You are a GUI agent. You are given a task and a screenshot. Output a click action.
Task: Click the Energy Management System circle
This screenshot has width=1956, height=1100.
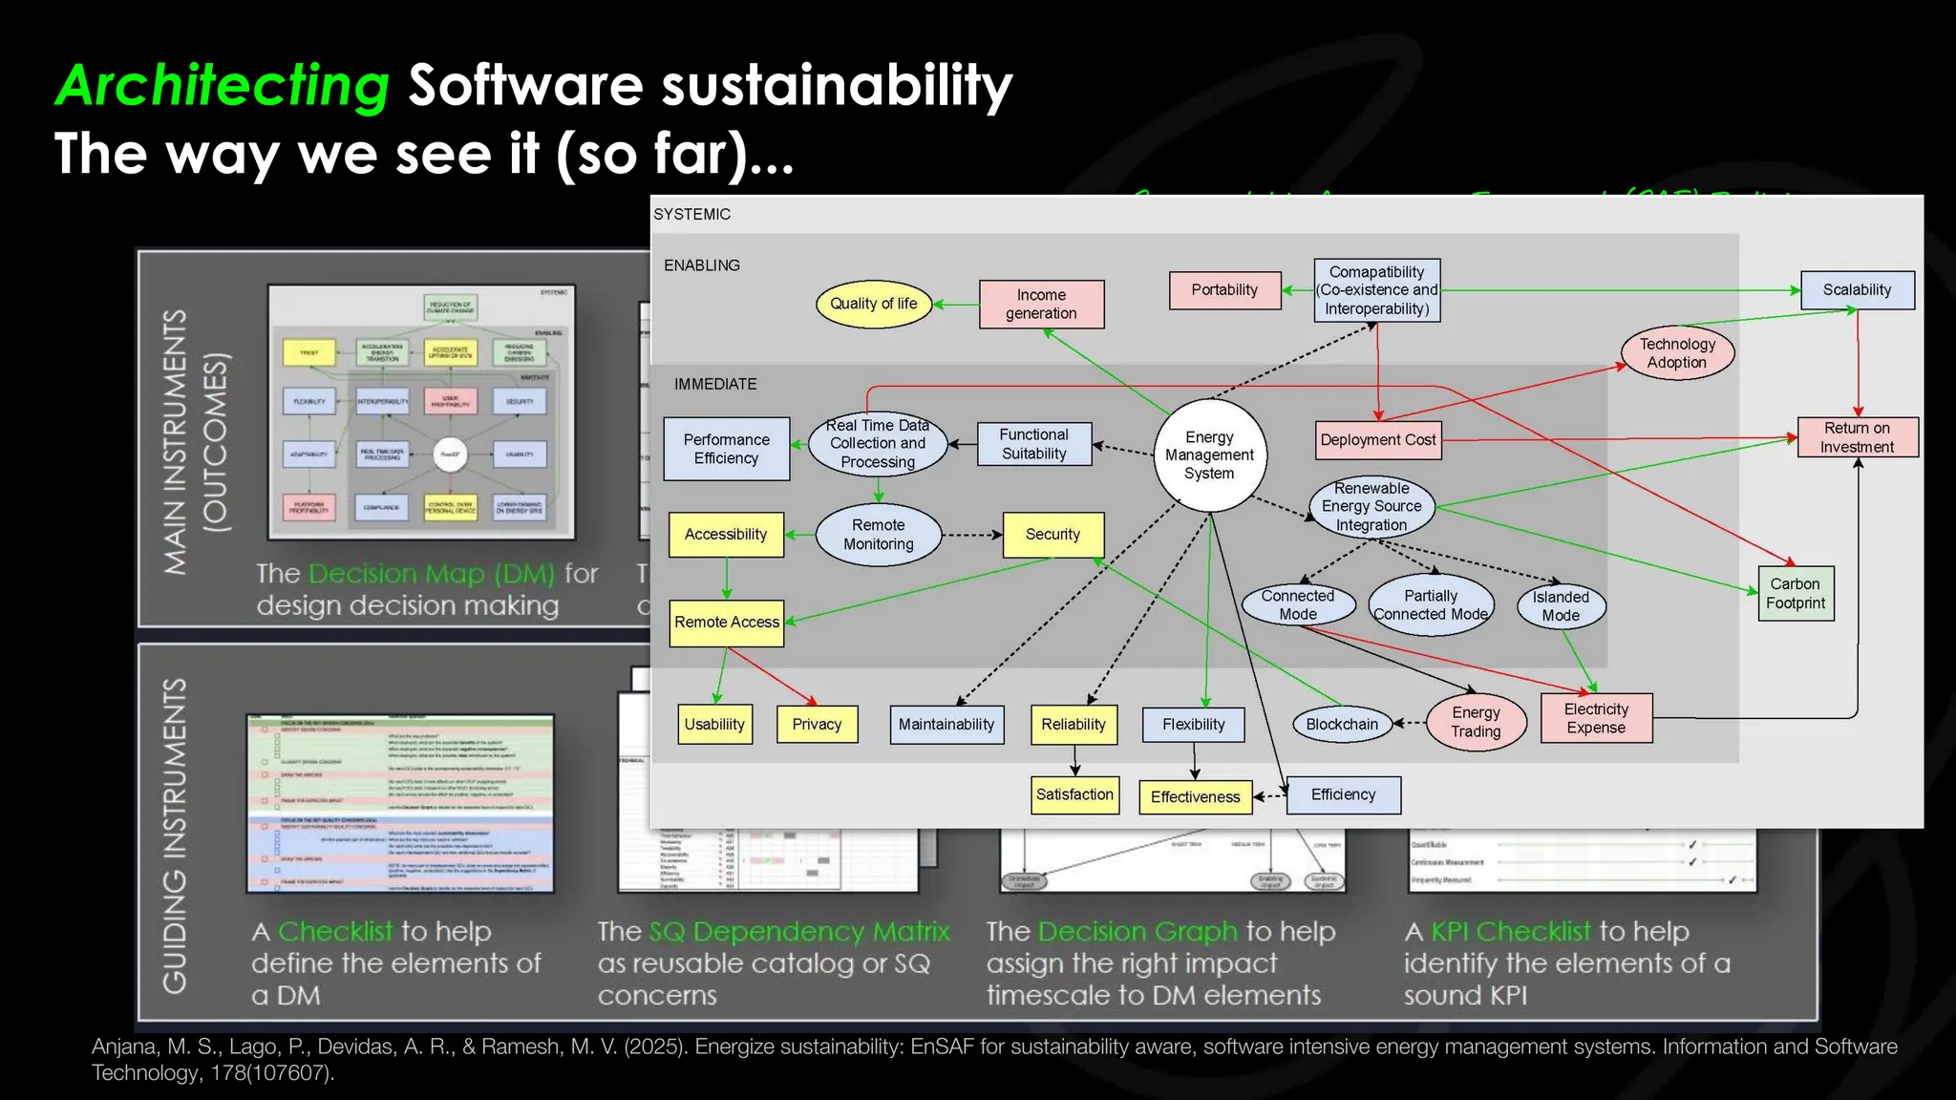(x=1209, y=455)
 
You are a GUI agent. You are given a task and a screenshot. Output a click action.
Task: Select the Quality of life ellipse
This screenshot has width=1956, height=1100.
(x=873, y=304)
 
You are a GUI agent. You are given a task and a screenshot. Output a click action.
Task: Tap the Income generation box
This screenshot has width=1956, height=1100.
(x=1041, y=305)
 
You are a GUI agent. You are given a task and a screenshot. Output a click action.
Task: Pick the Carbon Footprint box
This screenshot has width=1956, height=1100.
(x=1796, y=593)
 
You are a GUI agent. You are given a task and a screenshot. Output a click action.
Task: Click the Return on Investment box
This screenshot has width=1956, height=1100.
(x=1857, y=437)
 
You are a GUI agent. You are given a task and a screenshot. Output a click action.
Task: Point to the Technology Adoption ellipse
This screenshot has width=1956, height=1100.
(x=1677, y=353)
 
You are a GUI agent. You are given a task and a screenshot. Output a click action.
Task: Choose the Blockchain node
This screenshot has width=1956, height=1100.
(x=1342, y=724)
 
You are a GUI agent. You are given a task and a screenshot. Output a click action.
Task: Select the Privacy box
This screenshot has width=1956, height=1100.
(x=817, y=724)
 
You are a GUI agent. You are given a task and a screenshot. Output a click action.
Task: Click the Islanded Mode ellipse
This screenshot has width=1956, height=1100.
(x=1561, y=606)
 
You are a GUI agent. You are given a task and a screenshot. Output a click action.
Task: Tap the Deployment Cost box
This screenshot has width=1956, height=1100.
(x=1377, y=440)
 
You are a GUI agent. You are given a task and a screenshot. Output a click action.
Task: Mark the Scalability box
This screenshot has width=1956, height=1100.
(x=1857, y=290)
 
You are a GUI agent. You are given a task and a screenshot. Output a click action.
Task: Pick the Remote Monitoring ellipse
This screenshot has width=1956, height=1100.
(x=878, y=535)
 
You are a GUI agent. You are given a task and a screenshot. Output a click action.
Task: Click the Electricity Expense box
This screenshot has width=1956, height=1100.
(x=1596, y=718)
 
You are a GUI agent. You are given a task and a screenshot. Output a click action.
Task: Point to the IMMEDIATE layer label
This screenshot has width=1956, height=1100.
(x=715, y=384)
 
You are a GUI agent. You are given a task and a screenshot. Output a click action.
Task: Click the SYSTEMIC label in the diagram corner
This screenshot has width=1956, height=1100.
(x=692, y=215)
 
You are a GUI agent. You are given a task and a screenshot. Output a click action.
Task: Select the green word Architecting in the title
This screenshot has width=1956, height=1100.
(x=223, y=85)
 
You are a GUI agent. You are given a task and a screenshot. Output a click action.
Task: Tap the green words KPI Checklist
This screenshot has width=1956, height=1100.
(x=1511, y=931)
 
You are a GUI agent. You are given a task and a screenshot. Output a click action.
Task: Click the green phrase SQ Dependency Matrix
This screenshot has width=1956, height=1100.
(x=799, y=931)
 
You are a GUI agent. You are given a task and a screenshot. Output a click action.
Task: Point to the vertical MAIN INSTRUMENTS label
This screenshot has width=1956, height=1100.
(x=175, y=441)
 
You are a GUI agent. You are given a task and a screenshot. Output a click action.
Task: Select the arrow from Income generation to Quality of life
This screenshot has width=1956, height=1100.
(x=955, y=305)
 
